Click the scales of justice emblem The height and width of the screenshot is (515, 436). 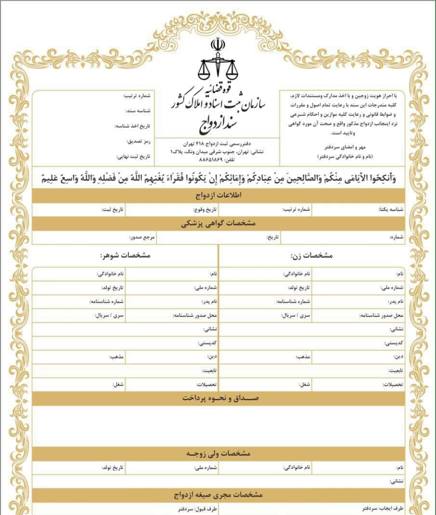pos(218,60)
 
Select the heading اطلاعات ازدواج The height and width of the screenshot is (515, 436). pos(218,196)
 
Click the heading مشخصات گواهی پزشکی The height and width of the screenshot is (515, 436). pos(218,223)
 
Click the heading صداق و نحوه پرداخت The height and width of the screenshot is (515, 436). pos(218,398)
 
